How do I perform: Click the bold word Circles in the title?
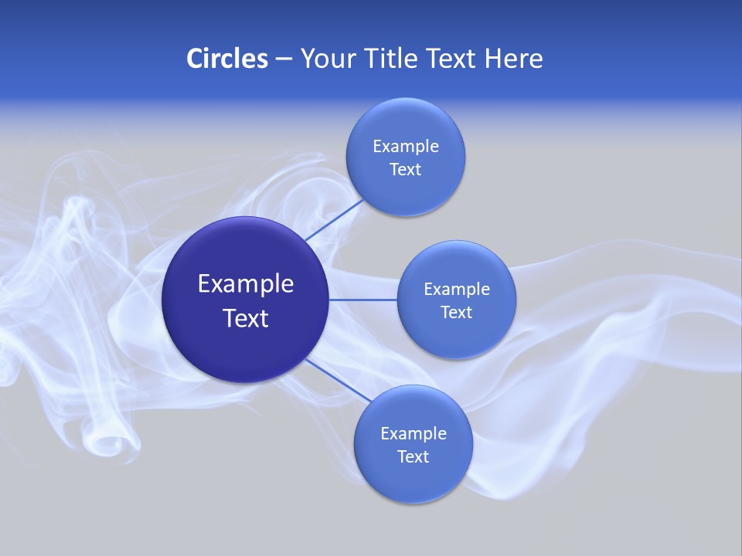click(x=226, y=58)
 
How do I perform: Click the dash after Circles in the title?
click(x=283, y=59)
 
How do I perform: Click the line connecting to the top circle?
click(x=335, y=219)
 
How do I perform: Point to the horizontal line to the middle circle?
click(x=362, y=299)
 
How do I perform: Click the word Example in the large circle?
click(x=245, y=284)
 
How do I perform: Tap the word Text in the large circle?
click(x=245, y=318)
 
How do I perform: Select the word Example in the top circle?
click(x=405, y=146)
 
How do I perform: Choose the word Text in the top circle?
click(x=405, y=169)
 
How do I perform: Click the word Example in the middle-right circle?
click(x=456, y=289)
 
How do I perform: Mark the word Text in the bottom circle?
click(x=413, y=456)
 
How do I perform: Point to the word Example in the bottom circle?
click(x=413, y=433)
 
